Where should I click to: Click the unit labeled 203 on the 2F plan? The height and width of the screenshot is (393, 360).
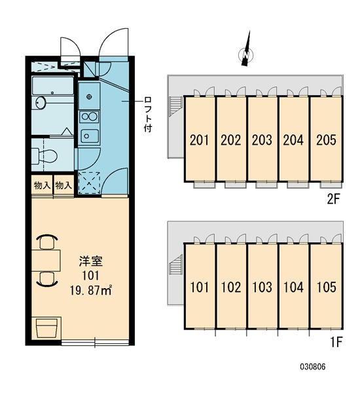click(262, 140)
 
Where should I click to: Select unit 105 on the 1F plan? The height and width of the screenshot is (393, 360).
click(327, 288)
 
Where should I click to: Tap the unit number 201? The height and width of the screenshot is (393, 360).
click(199, 140)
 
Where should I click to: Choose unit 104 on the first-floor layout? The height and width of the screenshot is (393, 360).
click(293, 288)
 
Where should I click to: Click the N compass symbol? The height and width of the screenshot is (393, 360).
click(247, 54)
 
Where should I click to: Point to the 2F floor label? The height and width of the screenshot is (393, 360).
click(333, 199)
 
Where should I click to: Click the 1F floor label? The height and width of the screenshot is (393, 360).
click(336, 342)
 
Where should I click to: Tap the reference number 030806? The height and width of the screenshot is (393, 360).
click(313, 367)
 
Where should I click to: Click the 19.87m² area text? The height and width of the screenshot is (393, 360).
click(91, 291)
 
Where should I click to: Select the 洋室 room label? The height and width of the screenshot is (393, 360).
click(91, 261)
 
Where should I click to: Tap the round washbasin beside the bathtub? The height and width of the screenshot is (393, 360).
click(41, 103)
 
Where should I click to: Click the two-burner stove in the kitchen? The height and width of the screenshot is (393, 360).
click(89, 117)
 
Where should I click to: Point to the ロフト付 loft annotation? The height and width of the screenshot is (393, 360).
click(148, 114)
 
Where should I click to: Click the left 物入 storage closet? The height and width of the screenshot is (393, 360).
click(42, 185)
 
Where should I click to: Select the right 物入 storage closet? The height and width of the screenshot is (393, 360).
click(63, 185)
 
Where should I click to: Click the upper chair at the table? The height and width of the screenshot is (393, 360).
click(47, 242)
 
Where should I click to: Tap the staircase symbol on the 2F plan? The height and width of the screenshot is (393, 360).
click(175, 105)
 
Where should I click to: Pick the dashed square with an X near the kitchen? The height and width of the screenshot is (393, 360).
click(89, 183)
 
